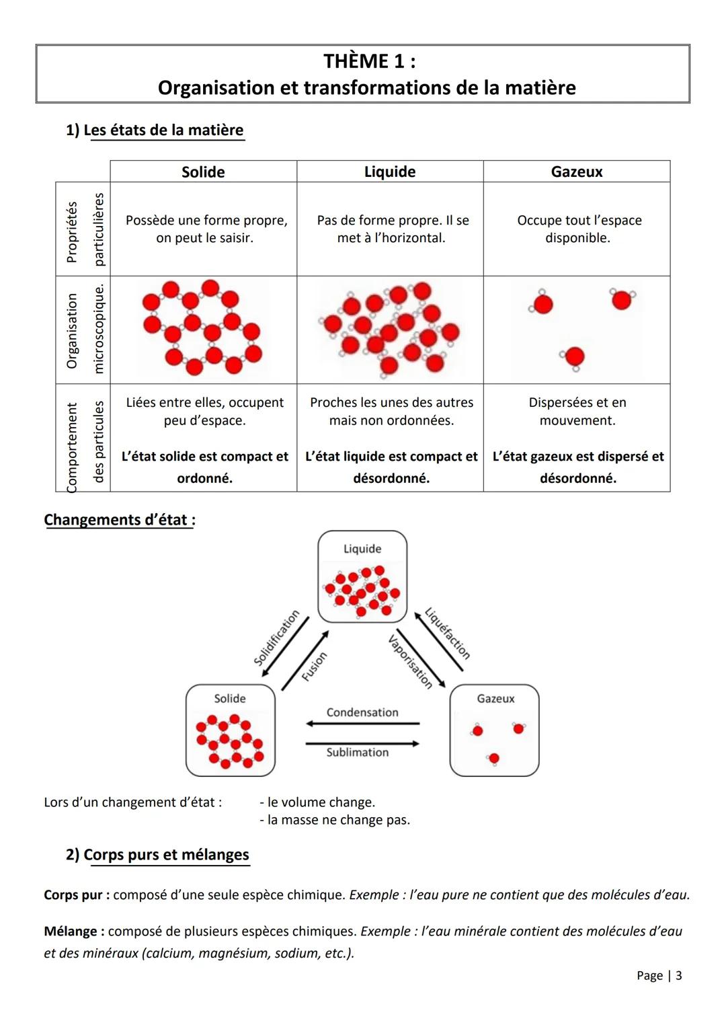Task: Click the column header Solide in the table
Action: pos(203,172)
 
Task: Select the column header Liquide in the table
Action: pos(390,172)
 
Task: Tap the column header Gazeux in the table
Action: pos(577,172)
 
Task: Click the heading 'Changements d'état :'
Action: pos(120,520)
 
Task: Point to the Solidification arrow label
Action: pos(276,638)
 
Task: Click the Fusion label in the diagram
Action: pos(314,667)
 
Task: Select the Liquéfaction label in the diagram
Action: pos(448,634)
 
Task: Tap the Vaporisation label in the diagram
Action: pos(410,662)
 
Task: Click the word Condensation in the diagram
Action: pos(362,712)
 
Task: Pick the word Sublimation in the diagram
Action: pos(358,753)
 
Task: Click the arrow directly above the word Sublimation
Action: pos(362,743)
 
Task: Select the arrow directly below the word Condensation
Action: pos(362,724)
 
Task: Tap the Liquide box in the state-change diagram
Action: pos(362,576)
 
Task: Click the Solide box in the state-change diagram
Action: pos(231,730)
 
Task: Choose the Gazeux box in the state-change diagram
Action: pos(495,730)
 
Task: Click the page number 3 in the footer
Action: pos(679,975)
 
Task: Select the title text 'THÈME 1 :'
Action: pos(369,61)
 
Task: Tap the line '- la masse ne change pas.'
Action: pos(335,820)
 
